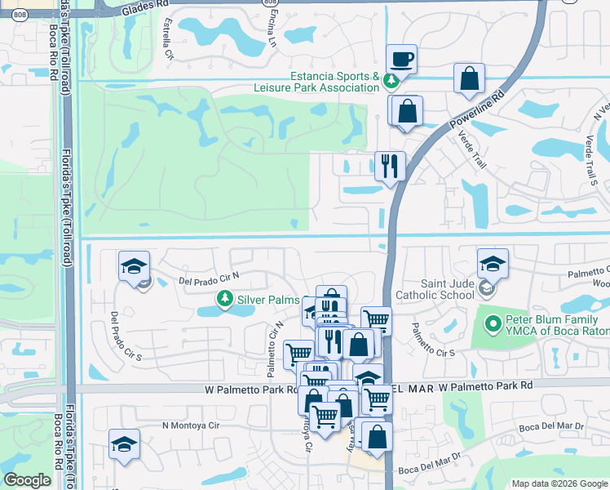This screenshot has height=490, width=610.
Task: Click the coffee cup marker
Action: coord(400,60)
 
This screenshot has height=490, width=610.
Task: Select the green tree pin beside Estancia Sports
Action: coord(391,80)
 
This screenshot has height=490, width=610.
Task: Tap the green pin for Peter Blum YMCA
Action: coord(491,324)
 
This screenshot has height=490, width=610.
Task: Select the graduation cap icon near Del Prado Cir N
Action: coord(134,266)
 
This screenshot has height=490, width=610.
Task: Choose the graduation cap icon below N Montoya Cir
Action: coord(124,444)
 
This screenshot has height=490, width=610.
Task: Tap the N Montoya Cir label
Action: coord(191,425)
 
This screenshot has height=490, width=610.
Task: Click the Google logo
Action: coord(27,480)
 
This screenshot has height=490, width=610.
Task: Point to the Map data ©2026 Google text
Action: coord(558,483)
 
